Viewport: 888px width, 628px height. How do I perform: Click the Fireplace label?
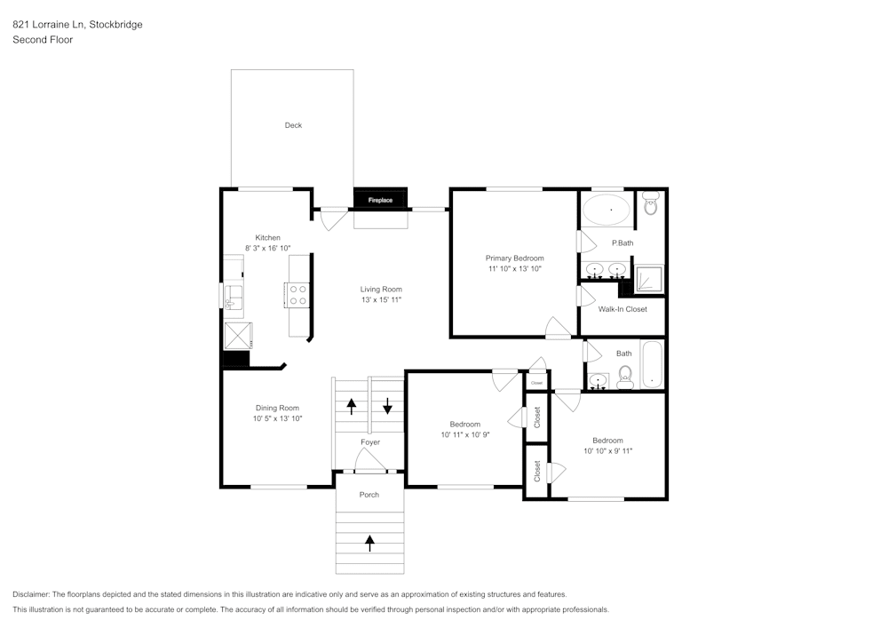[x=380, y=200]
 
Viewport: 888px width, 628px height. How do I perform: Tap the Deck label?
[x=293, y=125]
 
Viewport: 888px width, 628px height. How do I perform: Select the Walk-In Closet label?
[x=622, y=309]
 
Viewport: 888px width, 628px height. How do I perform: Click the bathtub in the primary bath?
[x=607, y=211]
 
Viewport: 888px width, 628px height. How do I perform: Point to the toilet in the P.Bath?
[x=650, y=205]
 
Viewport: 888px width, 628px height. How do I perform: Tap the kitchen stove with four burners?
[x=297, y=294]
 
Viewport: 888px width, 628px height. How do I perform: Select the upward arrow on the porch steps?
[x=370, y=540]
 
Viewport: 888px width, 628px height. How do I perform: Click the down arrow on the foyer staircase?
[x=388, y=407]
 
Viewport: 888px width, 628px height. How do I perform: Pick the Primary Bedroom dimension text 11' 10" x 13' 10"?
[x=514, y=268]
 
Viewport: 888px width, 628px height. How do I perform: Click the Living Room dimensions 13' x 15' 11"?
[x=381, y=300]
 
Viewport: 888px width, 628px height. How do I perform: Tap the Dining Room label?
[x=277, y=408]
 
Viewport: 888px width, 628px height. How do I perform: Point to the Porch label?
[x=369, y=495]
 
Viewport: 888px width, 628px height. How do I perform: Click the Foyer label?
[x=370, y=442]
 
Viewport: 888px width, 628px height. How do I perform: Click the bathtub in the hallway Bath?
[x=653, y=364]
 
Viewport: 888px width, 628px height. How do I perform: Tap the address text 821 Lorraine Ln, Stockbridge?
[x=77, y=25]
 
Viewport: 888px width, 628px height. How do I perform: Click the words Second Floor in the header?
[x=43, y=40]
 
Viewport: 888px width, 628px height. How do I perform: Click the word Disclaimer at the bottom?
[x=31, y=594]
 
